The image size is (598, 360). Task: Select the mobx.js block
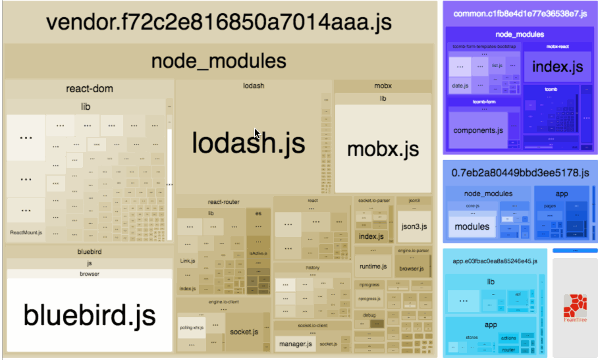coord(383,148)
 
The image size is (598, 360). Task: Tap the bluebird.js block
coord(90,315)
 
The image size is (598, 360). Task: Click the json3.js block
coord(414,227)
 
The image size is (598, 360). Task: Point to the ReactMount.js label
coord(26,232)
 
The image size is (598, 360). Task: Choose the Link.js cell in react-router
coord(188,261)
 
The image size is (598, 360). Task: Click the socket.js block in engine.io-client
coord(243,332)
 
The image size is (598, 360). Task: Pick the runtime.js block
coord(373,267)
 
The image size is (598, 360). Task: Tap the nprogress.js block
coord(370,299)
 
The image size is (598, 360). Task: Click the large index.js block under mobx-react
coord(557,66)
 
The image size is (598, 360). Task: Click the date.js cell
coord(460,86)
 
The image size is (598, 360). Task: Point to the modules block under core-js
coord(472,226)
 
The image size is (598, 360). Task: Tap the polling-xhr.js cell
coord(191,327)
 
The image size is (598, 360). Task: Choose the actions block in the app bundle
coord(508,338)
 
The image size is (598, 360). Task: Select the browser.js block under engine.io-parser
coord(412,269)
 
